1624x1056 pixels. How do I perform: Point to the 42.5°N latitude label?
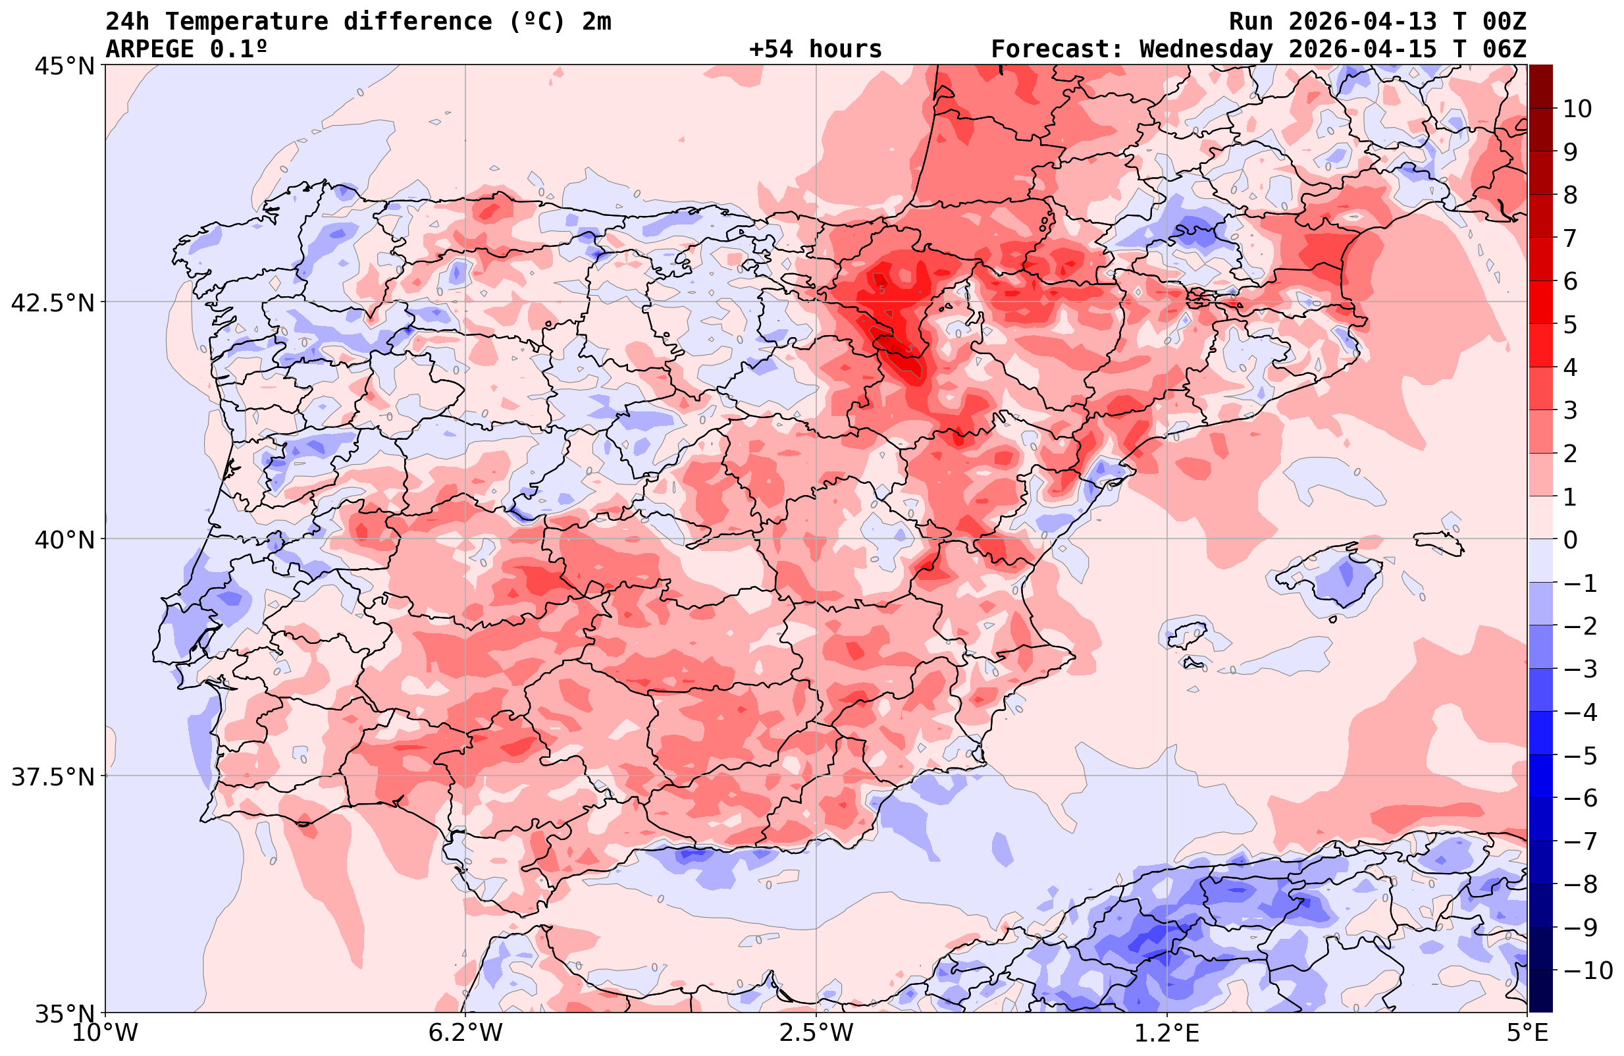[x=53, y=302]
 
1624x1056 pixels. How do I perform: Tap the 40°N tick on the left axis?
[x=64, y=540]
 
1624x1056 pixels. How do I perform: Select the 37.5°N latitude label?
[x=53, y=777]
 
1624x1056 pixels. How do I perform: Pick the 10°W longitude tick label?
[x=105, y=1033]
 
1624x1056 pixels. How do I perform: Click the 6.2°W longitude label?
[x=465, y=1033]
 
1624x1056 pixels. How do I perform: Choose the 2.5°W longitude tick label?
[x=816, y=1033]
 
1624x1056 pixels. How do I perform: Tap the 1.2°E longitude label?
[x=1167, y=1033]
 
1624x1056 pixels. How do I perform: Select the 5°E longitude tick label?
[x=1527, y=1033]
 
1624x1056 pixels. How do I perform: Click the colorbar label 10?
[x=1577, y=109]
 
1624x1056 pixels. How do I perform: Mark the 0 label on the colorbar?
[x=1570, y=540]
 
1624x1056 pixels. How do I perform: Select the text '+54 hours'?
[x=816, y=49]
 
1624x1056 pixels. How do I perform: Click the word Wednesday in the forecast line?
[x=1206, y=49]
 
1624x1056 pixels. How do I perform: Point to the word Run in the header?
[x=1251, y=22]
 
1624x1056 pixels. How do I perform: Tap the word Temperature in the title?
[x=253, y=22]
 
